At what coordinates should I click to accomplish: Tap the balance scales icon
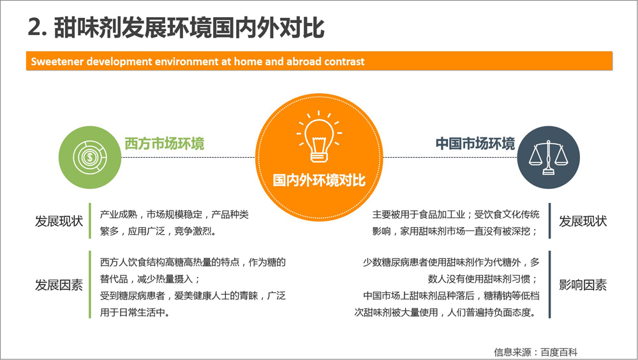[548, 158]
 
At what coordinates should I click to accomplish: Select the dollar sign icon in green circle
[90, 157]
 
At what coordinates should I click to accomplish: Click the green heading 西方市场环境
[165, 144]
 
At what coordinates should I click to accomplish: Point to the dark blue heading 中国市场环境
[475, 144]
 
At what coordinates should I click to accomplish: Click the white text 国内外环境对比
[319, 180]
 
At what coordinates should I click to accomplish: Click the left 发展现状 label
[59, 221]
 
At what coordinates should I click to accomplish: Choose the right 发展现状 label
[582, 221]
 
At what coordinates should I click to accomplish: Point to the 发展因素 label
[59, 285]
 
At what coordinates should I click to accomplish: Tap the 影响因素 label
[582, 285]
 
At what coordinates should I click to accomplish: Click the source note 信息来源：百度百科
[536, 352]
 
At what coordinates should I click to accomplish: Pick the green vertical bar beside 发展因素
[90, 284]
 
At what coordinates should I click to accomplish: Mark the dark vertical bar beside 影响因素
[550, 284]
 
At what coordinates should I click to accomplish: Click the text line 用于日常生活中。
[135, 312]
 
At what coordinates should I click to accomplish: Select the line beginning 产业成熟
[174, 214]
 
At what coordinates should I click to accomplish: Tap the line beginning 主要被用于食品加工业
[456, 214]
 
